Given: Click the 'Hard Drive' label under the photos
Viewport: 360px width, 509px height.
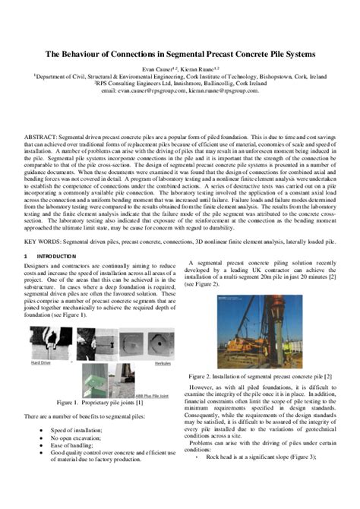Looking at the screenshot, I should pos(41,363).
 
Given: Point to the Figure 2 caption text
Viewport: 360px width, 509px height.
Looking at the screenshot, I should pos(258,376).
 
